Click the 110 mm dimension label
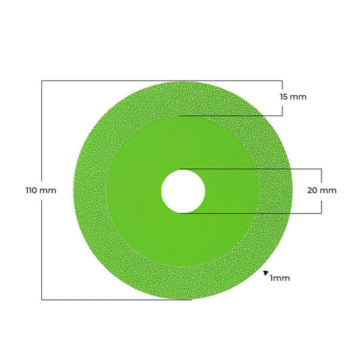click(x=41, y=190)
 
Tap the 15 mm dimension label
click(x=293, y=97)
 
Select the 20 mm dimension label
click(x=322, y=190)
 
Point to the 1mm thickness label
click(x=280, y=278)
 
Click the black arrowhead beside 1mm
click(x=266, y=273)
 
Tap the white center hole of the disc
click(x=183, y=191)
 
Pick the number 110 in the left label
click(x=31, y=190)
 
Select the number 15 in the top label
click(x=284, y=97)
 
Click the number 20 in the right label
click(x=312, y=190)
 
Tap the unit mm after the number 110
click(x=48, y=190)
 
